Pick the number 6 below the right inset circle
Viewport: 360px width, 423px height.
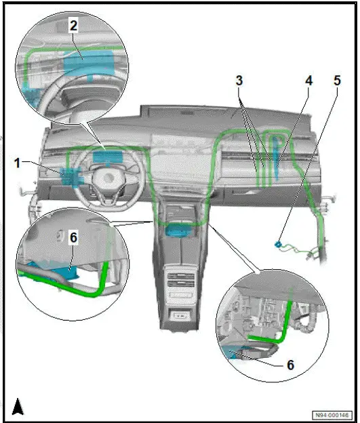coord(290,364)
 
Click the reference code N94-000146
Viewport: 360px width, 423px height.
coord(333,413)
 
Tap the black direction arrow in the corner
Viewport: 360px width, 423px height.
coord(18,406)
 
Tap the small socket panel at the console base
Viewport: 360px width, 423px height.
coord(181,316)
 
